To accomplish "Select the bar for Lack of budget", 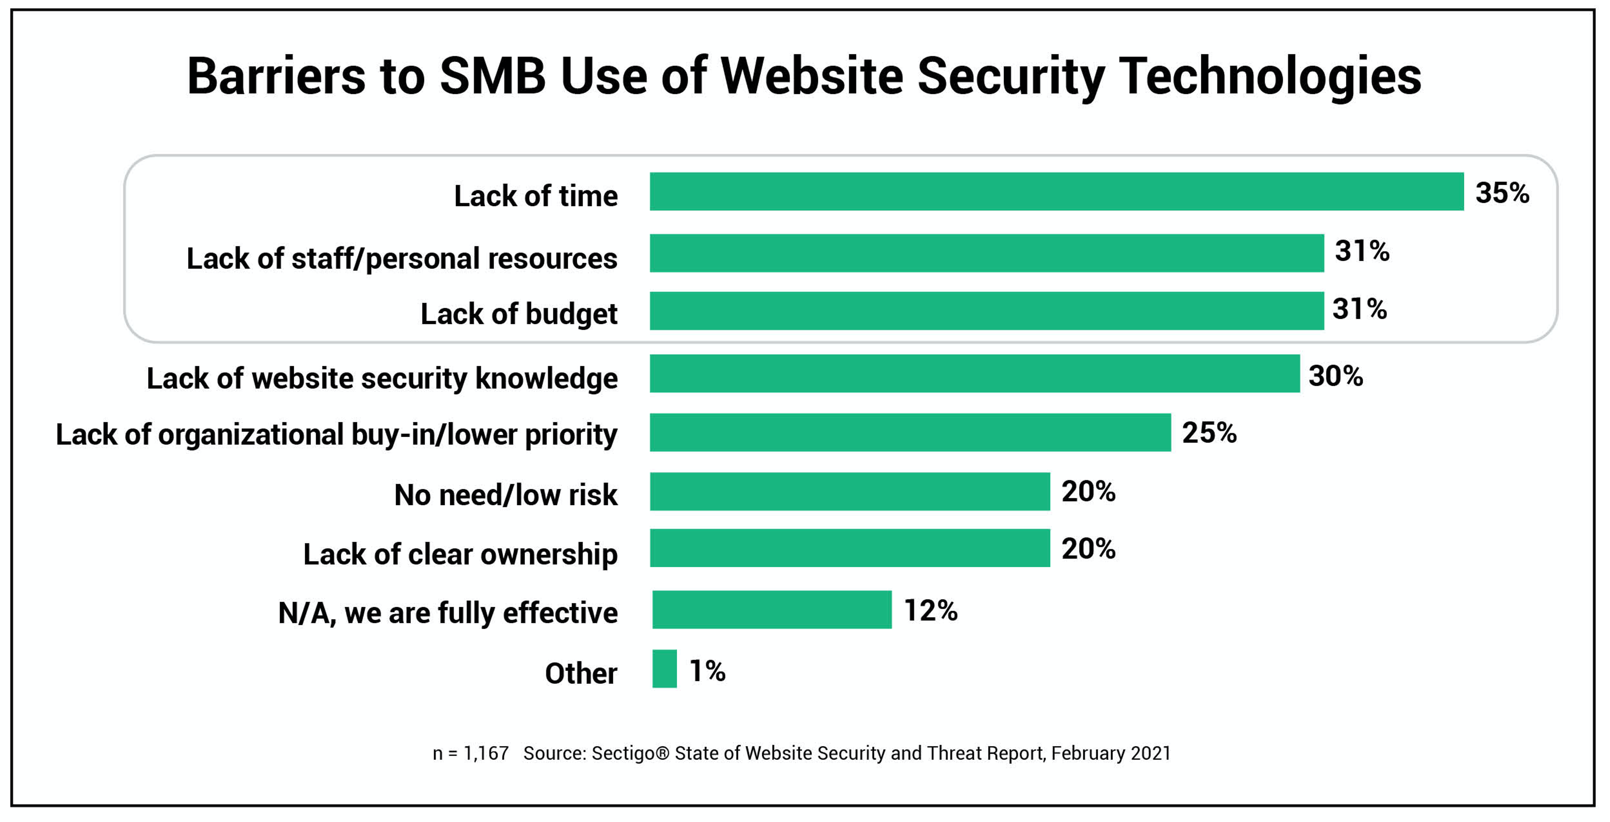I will (986, 311).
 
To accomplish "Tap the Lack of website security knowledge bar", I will (974, 374).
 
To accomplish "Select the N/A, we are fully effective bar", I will (772, 609).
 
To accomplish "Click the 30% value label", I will (1336, 376).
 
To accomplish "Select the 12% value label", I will (930, 610).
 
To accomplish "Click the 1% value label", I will (707, 671).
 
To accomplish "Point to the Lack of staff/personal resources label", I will (402, 258).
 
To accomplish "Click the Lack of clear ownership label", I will (460, 554).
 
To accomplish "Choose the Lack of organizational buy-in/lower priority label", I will (336, 434).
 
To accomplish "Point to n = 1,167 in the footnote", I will (471, 753).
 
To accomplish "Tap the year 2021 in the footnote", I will (1151, 753).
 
